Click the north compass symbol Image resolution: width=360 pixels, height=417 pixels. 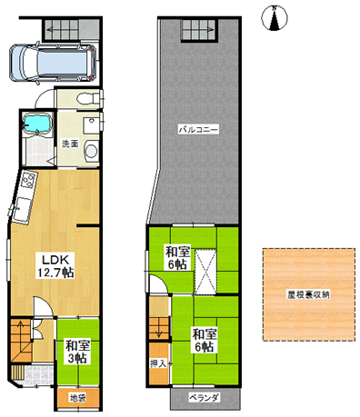coord(274,18)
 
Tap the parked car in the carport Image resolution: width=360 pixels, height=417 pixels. coord(53,64)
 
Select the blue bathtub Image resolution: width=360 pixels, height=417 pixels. coord(36,124)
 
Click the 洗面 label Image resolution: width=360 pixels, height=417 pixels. coord(70,144)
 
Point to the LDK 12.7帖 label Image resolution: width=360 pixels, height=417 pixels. coord(55,266)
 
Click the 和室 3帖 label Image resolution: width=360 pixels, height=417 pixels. coord(77,352)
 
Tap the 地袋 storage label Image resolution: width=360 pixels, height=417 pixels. coord(78,397)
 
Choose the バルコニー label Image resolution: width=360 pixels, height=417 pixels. coord(198,130)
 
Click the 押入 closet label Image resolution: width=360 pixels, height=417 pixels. coord(158,363)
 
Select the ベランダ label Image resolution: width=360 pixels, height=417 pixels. coord(204,397)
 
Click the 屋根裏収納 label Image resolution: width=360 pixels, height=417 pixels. coord(308,294)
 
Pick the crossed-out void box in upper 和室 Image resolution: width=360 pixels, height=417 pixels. coord(205,272)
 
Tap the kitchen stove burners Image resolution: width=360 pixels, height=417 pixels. coord(28,180)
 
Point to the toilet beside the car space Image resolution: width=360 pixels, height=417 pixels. coord(88,98)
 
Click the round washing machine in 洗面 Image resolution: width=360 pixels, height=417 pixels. coord(91,151)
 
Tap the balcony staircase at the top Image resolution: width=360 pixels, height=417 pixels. coord(199,29)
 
